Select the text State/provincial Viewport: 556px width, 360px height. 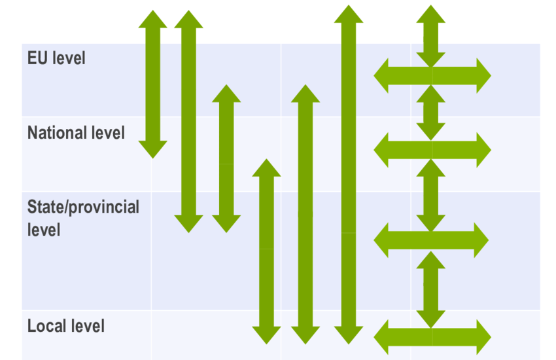tap(83, 207)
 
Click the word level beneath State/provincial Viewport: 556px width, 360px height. tap(44, 230)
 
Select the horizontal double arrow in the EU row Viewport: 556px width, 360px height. tap(432, 75)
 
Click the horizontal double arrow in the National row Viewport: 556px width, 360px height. tap(432, 149)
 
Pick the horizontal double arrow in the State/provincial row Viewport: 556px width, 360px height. tap(431, 240)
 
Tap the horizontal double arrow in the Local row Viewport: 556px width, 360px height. tap(432, 336)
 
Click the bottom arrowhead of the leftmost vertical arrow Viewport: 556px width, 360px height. tap(153, 150)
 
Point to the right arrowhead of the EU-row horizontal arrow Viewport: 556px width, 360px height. tap(481, 75)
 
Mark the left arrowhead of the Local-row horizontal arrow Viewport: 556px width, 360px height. tap(383, 336)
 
